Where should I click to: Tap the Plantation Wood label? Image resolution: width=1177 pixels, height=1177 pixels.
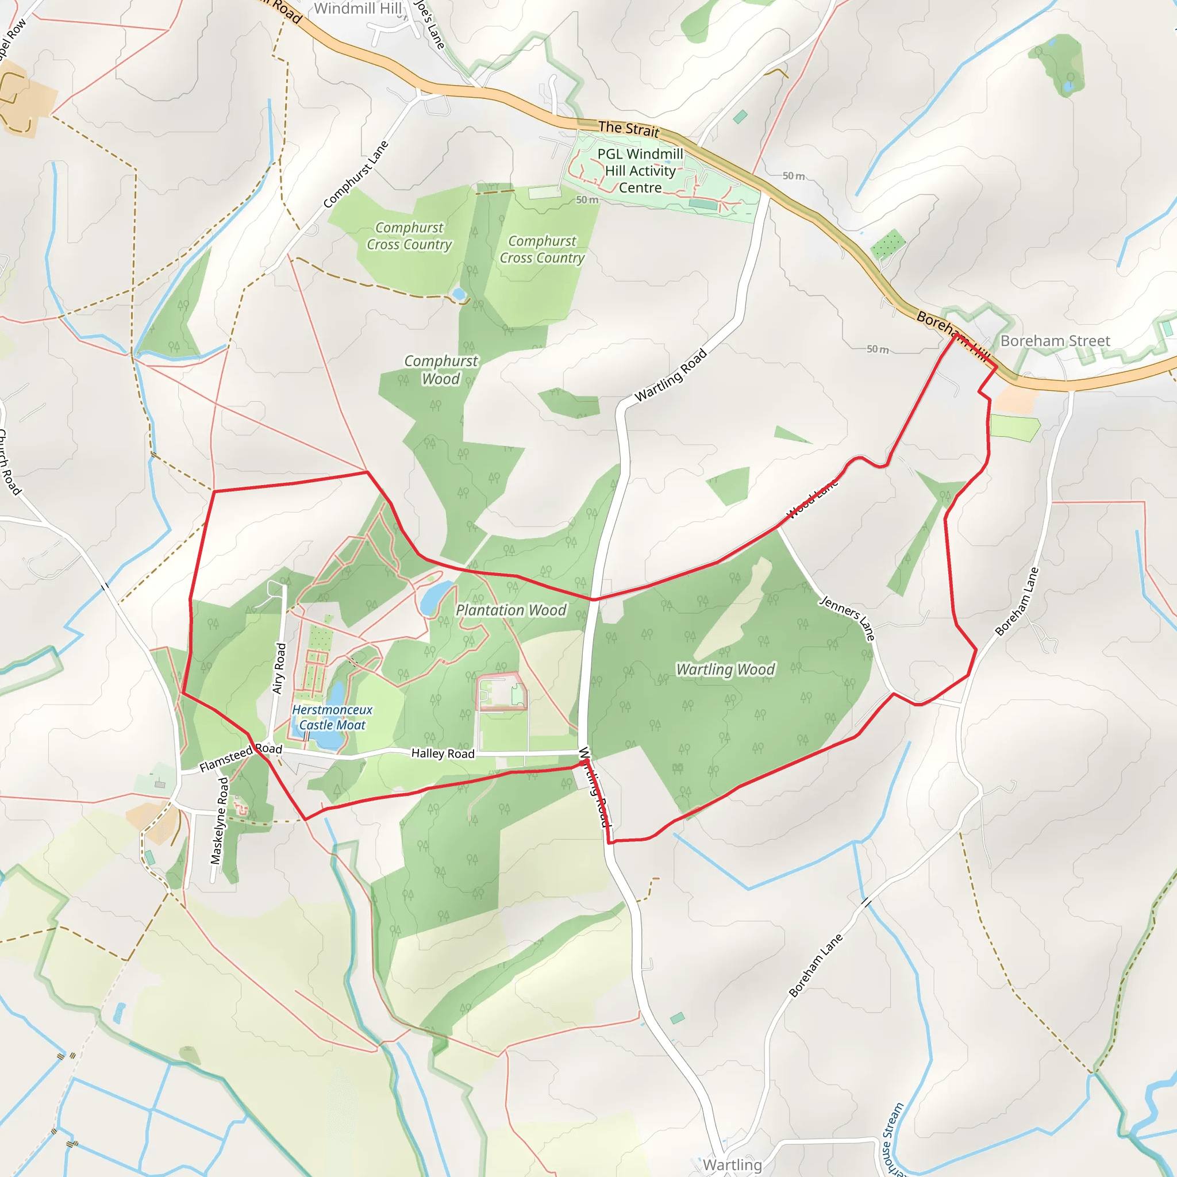tap(510, 610)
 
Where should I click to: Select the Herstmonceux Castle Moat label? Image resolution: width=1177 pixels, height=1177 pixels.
tap(332, 717)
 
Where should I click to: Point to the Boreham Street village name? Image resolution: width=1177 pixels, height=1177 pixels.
tap(1055, 341)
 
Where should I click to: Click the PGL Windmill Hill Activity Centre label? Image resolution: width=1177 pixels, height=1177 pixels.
tap(640, 171)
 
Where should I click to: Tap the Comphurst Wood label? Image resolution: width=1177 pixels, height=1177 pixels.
tap(440, 370)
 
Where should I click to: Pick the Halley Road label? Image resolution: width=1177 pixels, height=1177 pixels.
tap(443, 753)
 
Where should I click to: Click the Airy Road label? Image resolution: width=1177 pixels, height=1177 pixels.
tap(279, 668)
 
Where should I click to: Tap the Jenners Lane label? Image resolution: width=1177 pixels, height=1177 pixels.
tap(848, 618)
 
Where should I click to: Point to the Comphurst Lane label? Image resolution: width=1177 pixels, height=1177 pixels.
tap(356, 174)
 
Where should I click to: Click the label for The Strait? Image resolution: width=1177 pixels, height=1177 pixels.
tap(628, 129)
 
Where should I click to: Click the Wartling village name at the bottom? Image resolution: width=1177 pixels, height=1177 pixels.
tap(732, 1164)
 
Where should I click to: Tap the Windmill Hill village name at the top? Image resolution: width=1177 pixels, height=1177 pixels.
tap(357, 9)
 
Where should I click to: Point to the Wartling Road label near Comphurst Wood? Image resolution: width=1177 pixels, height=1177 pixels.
tap(670, 375)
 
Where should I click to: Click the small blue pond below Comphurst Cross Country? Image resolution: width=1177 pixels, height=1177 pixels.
tap(459, 295)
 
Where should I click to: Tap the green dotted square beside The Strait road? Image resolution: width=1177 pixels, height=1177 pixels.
tap(887, 244)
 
